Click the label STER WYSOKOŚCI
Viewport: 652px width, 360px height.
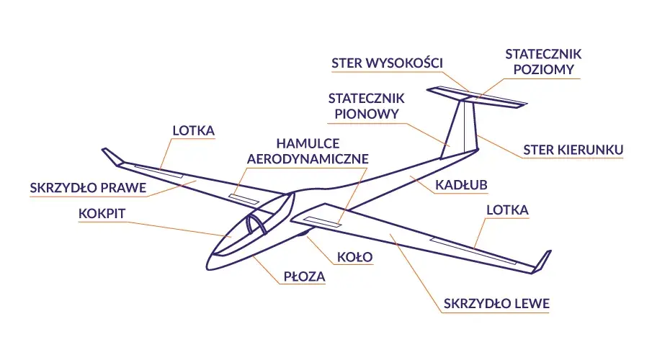387,63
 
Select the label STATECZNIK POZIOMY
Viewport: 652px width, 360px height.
543,61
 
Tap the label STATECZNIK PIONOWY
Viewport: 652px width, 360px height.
366,106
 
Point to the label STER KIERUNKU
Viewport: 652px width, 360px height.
573,150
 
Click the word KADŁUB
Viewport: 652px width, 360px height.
461,185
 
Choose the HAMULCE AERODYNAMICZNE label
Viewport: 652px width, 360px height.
308,151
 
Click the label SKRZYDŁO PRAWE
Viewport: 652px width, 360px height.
88,188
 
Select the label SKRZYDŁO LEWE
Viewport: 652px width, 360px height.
496,303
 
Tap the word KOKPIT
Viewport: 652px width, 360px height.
102,214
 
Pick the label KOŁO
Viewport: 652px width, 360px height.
354,257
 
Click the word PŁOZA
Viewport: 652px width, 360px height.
304,276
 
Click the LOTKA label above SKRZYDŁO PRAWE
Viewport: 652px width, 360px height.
194,130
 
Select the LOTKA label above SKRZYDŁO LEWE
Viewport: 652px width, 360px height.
508,210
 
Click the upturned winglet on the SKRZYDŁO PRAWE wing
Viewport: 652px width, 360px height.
112,157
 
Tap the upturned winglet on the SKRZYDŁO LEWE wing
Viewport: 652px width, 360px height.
542,262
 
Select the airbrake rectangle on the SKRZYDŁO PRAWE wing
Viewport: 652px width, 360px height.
244,199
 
